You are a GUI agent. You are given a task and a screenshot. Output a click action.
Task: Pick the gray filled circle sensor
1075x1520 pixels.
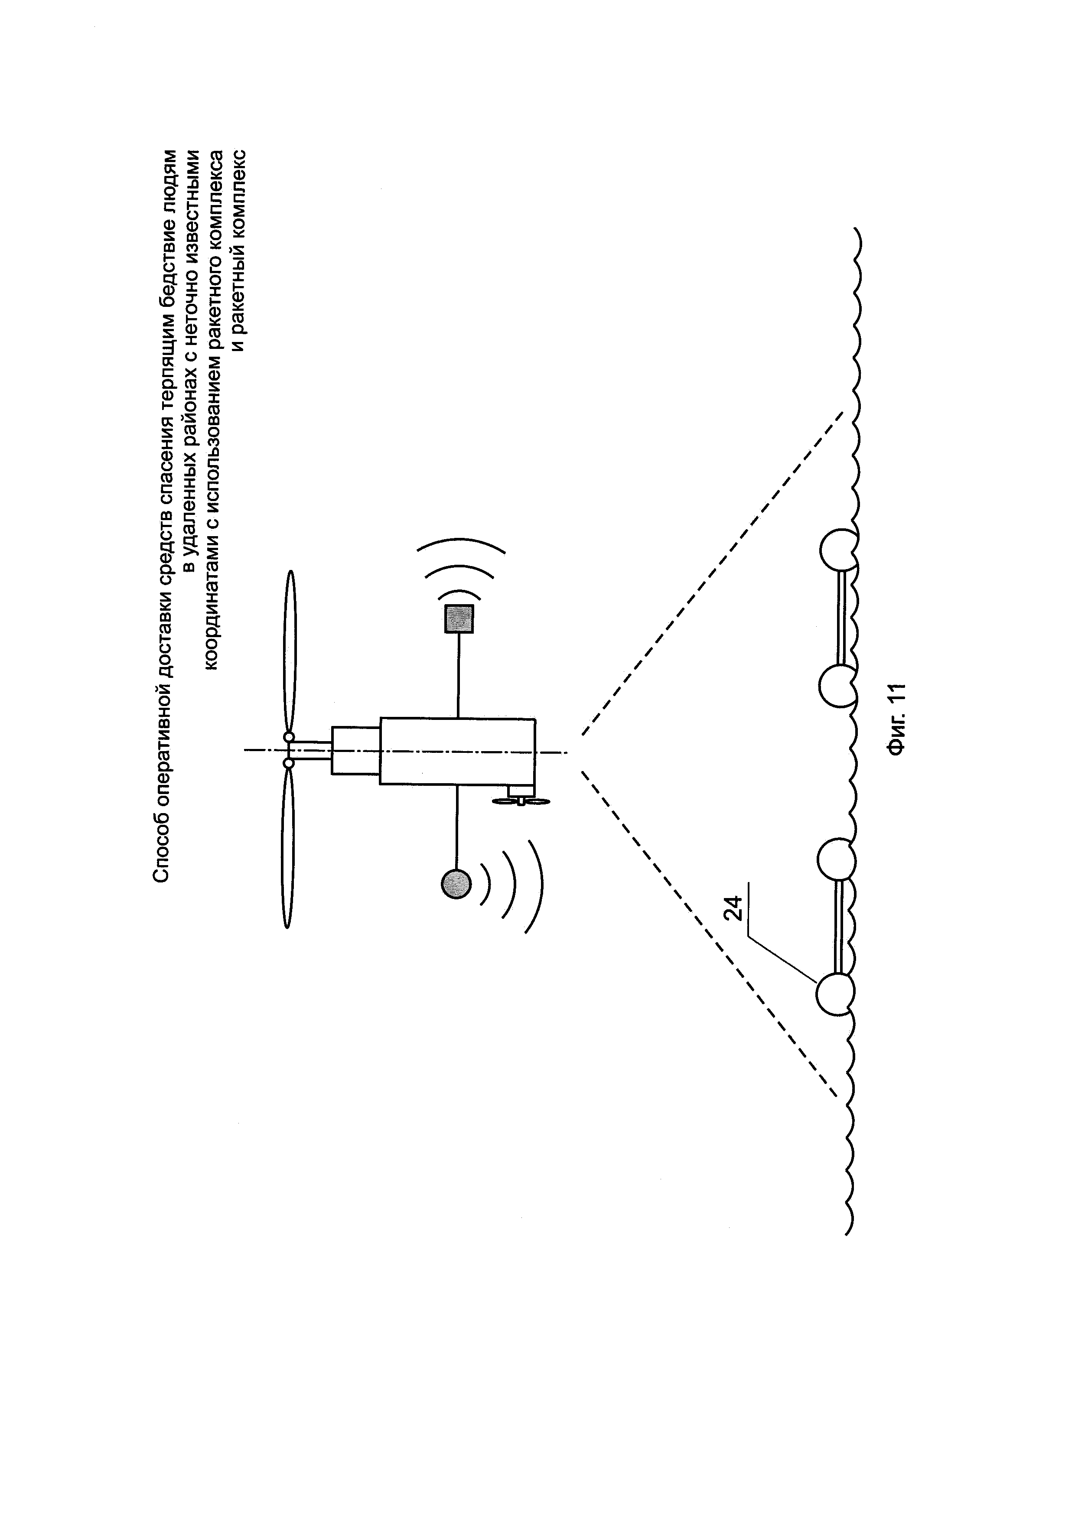[456, 883]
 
